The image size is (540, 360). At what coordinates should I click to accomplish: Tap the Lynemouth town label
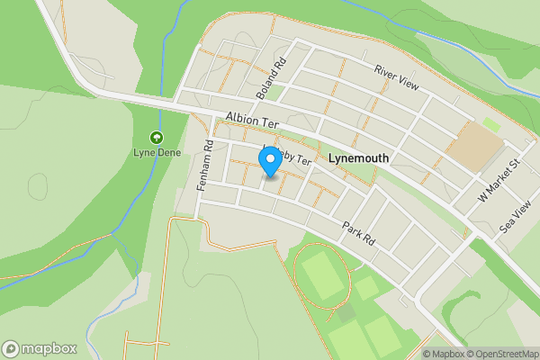click(x=359, y=157)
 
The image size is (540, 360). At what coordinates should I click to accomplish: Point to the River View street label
click(x=396, y=77)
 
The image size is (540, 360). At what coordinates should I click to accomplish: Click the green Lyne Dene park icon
click(x=157, y=138)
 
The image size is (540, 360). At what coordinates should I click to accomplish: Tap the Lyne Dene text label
click(x=157, y=153)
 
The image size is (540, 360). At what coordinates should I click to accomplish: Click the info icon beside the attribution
click(x=415, y=354)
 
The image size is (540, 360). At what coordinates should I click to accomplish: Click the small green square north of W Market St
click(x=490, y=123)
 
